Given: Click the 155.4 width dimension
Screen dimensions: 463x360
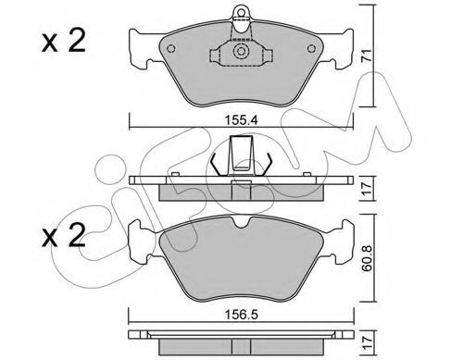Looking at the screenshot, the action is click(241, 119).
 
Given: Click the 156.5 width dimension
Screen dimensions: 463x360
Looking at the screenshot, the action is click(241, 315).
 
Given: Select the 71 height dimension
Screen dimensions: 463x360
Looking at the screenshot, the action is click(366, 56).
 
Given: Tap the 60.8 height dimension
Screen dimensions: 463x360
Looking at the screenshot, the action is click(367, 258).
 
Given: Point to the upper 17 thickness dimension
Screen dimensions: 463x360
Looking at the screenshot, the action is click(366, 189).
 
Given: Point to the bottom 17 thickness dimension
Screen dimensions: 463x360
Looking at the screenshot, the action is click(366, 342).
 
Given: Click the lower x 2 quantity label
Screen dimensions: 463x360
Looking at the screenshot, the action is click(63, 236).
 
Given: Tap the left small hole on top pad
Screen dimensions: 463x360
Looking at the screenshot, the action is click(170, 49).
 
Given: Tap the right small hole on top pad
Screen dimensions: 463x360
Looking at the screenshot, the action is click(312, 49).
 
